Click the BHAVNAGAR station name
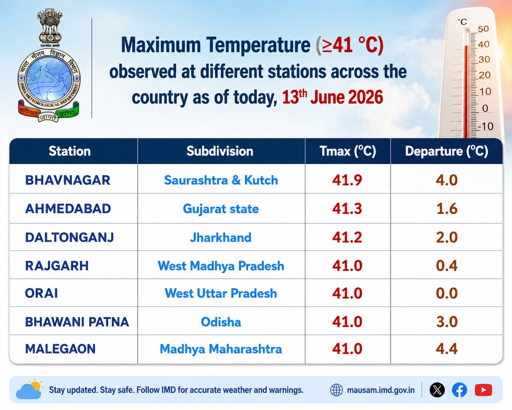click(x=67, y=180)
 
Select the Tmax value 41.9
click(x=347, y=180)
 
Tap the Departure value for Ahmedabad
click(x=447, y=209)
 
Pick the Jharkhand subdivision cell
click(x=221, y=237)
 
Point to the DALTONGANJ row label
click(x=70, y=237)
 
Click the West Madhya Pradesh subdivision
click(x=221, y=266)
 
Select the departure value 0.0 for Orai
click(x=447, y=293)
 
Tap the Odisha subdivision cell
click(x=221, y=322)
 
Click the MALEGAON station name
click(x=60, y=349)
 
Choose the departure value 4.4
click(x=447, y=349)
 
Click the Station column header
click(x=70, y=151)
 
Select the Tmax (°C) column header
click(x=348, y=151)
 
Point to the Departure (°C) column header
click(x=447, y=151)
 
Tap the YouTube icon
click(x=483, y=390)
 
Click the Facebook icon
click(x=460, y=390)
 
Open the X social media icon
click(x=437, y=390)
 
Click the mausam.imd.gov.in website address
click(x=381, y=390)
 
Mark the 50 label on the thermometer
click(x=483, y=29)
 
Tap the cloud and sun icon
click(x=30, y=388)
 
